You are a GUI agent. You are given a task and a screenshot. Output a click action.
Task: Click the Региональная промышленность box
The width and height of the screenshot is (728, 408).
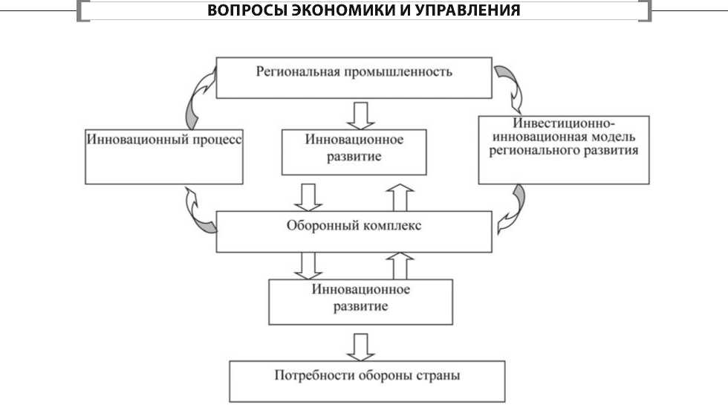tap(354, 78)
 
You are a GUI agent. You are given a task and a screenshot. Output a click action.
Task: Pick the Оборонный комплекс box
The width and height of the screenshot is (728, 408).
tap(354, 231)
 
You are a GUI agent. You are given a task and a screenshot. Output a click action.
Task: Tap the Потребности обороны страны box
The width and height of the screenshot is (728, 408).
tap(367, 381)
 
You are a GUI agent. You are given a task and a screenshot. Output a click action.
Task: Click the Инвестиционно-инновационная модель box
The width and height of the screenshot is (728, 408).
tap(565, 149)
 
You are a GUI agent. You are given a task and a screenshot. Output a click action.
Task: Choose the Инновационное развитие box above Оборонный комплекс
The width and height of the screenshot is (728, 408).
tap(354, 152)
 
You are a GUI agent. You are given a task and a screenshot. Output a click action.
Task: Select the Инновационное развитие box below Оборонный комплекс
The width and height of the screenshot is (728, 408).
tap(360, 301)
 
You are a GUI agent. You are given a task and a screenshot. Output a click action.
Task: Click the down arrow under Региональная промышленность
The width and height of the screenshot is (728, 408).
tap(363, 114)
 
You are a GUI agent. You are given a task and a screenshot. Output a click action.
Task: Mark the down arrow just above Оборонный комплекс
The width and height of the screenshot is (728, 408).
tap(308, 196)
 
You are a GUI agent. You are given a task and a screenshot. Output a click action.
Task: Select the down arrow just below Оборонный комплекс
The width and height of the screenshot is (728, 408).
tap(308, 264)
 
